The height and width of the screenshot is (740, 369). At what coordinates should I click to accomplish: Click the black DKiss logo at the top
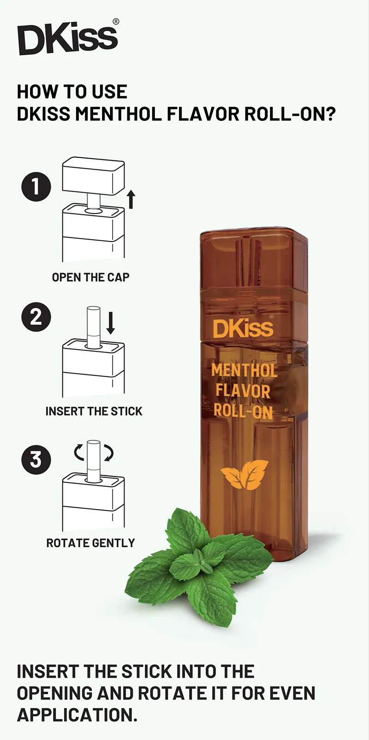pyautogui.click(x=67, y=39)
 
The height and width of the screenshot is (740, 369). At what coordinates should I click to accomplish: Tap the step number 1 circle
pyautogui.click(x=36, y=187)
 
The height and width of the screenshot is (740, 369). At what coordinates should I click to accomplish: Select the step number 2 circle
pyautogui.click(x=36, y=317)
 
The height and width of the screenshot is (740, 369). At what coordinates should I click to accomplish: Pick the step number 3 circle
pyautogui.click(x=36, y=460)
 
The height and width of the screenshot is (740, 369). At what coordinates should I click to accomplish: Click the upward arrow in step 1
pyautogui.click(x=131, y=199)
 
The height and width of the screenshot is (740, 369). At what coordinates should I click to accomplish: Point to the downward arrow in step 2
pyautogui.click(x=111, y=323)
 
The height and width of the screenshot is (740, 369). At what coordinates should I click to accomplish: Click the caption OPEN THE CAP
pyautogui.click(x=90, y=277)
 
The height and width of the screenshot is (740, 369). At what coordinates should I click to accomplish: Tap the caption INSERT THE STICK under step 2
pyautogui.click(x=94, y=411)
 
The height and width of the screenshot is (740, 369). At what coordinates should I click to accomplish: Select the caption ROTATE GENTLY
pyautogui.click(x=90, y=543)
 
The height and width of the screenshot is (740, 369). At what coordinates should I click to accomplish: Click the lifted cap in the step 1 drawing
pyautogui.click(x=94, y=176)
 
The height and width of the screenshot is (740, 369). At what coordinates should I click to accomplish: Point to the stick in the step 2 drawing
pyautogui.click(x=94, y=325)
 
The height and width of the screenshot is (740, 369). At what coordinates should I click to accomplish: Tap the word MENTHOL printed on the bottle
pyautogui.click(x=244, y=371)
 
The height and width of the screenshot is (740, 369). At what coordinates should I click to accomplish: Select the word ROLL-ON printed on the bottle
pyautogui.click(x=243, y=411)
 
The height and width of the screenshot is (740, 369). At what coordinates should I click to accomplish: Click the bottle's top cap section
pyautogui.click(x=253, y=263)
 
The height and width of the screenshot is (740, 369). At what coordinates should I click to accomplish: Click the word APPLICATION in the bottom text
pyautogui.click(x=77, y=715)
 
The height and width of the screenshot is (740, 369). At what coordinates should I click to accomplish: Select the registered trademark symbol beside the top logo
pyautogui.click(x=116, y=22)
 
